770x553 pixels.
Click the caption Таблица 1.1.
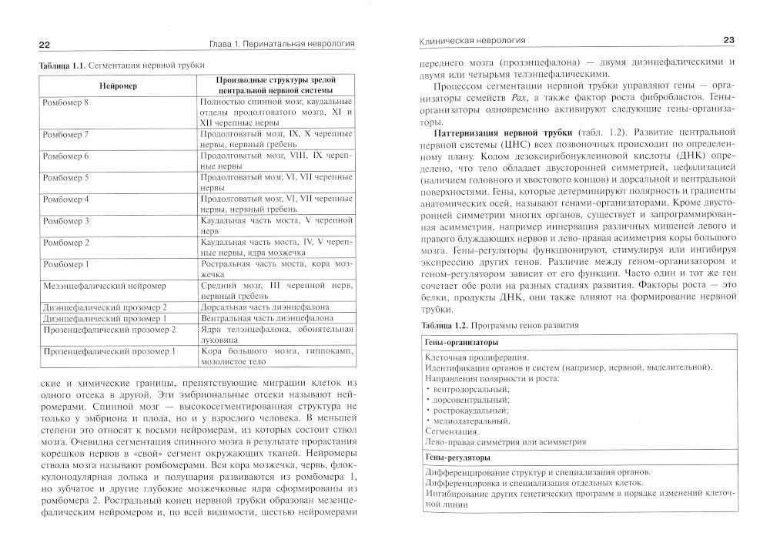tap(63, 67)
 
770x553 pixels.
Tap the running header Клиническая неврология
tap(464, 39)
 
